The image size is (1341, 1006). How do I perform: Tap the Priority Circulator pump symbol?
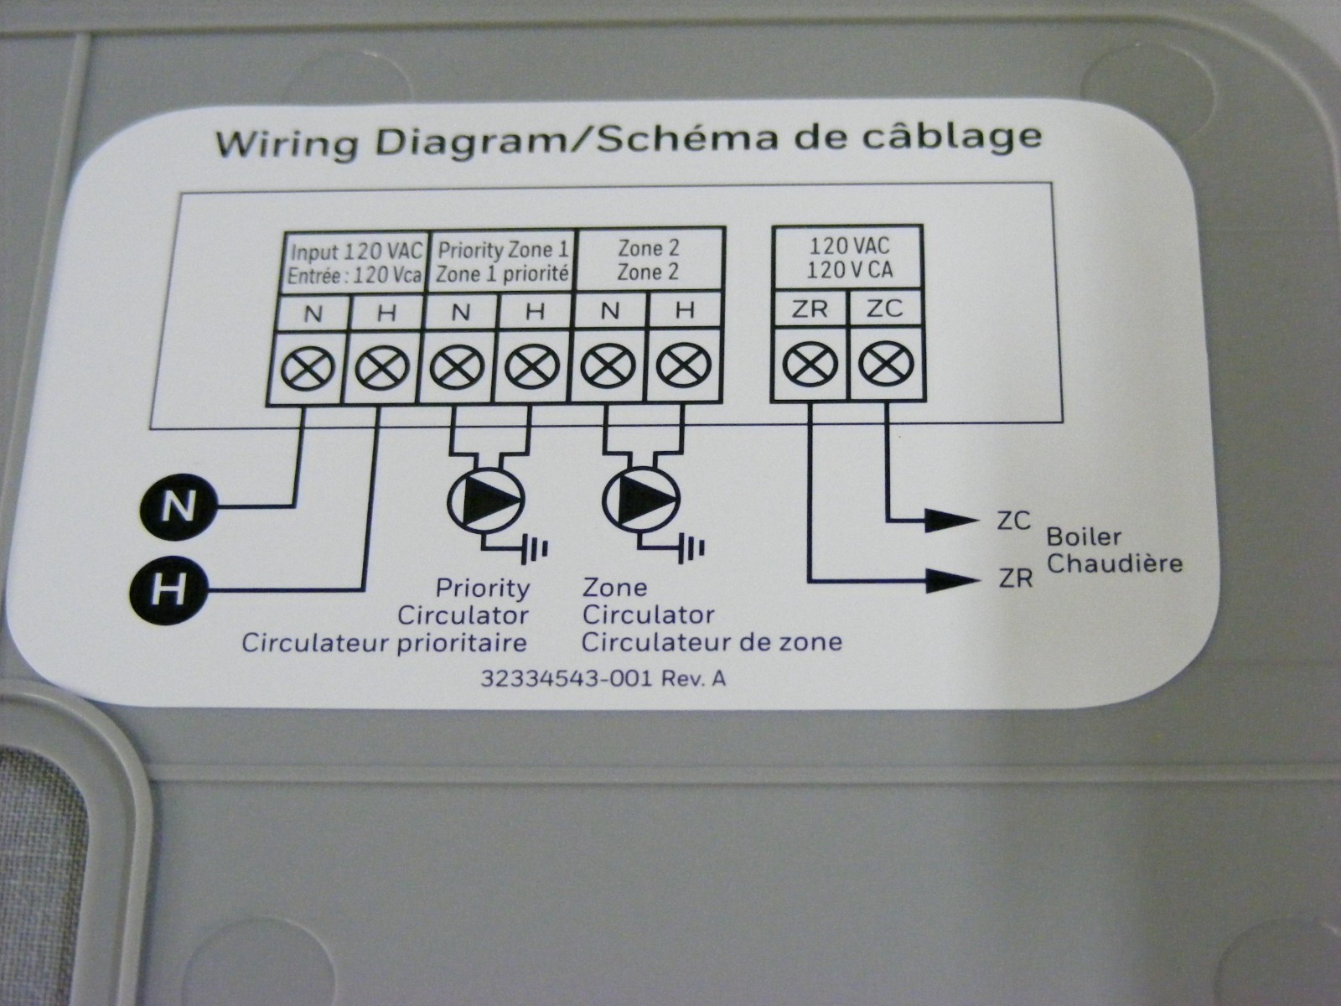pyautogui.click(x=486, y=499)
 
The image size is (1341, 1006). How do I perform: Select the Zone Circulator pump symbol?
pyautogui.click(x=641, y=499)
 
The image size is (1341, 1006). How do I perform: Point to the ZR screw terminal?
pyautogui.click(x=810, y=365)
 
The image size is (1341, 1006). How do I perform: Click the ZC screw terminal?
pyautogui.click(x=886, y=365)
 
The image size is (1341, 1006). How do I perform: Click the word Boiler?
pyautogui.click(x=1084, y=537)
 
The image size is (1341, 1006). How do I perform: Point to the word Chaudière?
pyautogui.click(x=1115, y=563)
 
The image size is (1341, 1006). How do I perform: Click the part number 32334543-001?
pyautogui.click(x=565, y=678)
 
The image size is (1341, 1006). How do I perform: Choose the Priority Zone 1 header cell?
pyautogui.click(x=503, y=262)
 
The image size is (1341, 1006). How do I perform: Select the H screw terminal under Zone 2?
pyautogui.click(x=684, y=366)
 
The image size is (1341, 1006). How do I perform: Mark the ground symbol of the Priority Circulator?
pyautogui.click(x=536, y=549)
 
